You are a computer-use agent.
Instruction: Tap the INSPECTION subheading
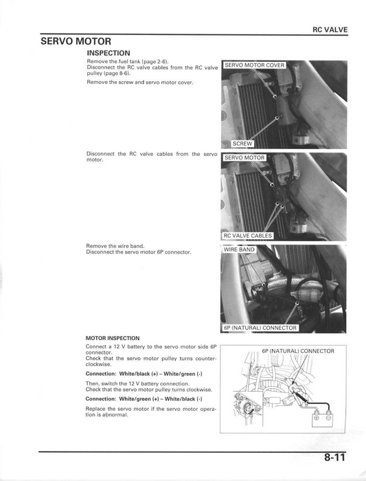pyautogui.click(x=108, y=53)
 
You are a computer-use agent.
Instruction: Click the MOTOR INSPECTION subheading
pyautogui.click(x=113, y=338)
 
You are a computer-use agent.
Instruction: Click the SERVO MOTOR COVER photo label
pyautogui.click(x=255, y=65)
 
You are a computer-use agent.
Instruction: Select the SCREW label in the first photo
pyautogui.click(x=243, y=144)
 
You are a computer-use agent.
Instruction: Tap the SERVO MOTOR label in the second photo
pyautogui.click(x=244, y=157)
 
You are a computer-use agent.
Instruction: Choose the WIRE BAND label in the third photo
pyautogui.click(x=239, y=249)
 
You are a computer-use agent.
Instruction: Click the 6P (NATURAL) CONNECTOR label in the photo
pyautogui.click(x=260, y=328)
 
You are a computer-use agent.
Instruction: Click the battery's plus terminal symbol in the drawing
pyautogui.click(x=317, y=417)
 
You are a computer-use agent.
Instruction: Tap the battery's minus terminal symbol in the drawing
pyautogui.click(x=328, y=417)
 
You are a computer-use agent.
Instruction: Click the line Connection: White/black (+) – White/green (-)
pyautogui.click(x=144, y=373)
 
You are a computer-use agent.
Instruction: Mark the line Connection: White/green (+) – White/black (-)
pyautogui.click(x=144, y=399)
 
